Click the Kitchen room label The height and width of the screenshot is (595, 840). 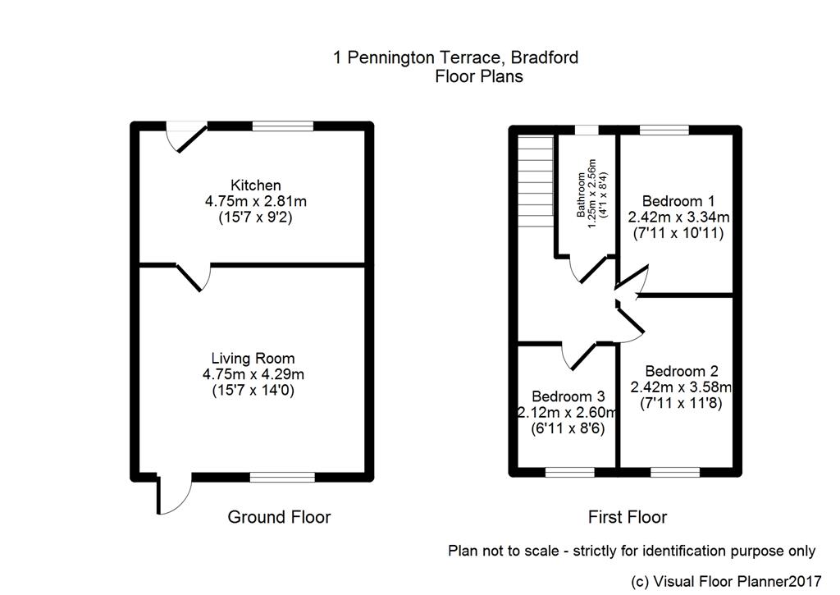[256, 185]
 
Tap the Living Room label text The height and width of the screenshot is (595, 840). [253, 358]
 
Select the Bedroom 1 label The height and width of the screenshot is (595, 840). [678, 202]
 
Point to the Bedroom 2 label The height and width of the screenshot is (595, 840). [682, 371]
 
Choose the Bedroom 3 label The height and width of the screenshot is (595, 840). [568, 396]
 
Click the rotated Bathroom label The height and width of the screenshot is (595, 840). [581, 195]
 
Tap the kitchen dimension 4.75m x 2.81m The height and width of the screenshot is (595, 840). [256, 202]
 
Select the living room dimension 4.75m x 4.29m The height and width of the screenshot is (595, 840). [253, 374]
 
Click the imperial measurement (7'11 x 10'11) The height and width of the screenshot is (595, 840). [678, 233]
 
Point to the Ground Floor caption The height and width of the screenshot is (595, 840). [279, 517]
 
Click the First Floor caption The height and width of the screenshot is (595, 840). [628, 517]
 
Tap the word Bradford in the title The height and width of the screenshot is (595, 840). [545, 57]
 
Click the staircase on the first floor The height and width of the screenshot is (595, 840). [536, 181]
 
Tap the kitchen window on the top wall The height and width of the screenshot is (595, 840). [283, 126]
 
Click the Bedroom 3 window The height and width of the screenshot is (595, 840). [570, 472]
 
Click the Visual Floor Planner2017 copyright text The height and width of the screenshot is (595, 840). [726, 581]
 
